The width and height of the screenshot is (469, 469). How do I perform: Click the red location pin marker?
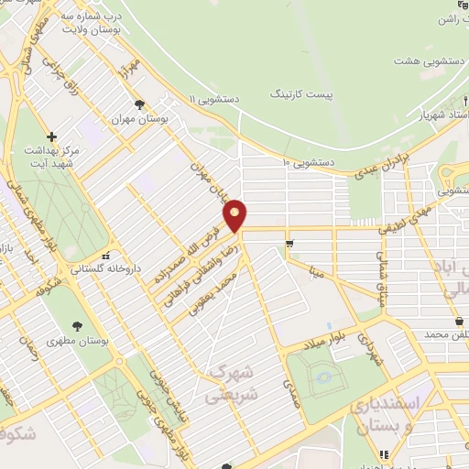tap(235, 215)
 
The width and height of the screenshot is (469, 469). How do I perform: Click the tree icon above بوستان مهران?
tap(139, 104)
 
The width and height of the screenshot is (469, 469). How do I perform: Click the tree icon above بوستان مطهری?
tap(77, 325)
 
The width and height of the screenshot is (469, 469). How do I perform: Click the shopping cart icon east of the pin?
tap(289, 244)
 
